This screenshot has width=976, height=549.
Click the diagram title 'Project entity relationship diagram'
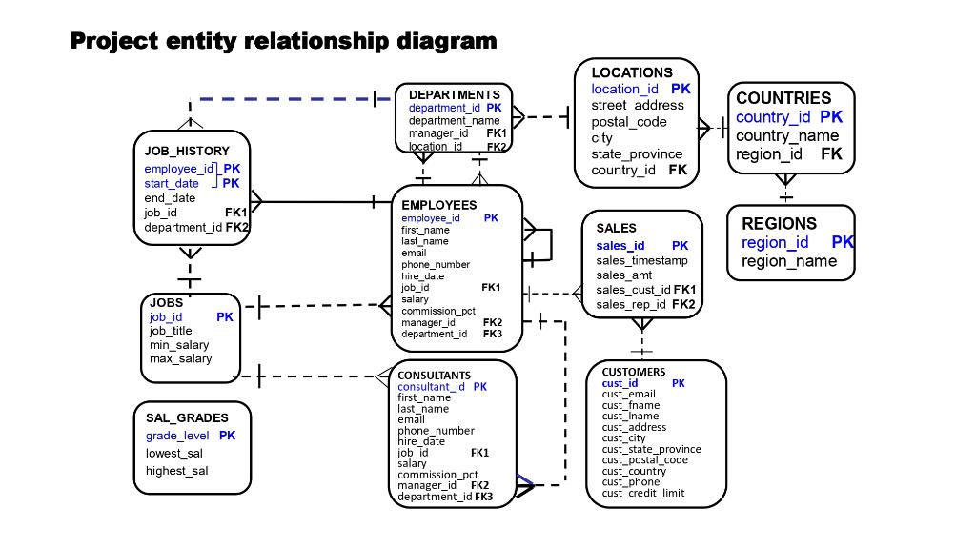(284, 41)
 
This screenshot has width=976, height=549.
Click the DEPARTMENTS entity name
(454, 95)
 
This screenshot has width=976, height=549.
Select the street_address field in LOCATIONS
(637, 106)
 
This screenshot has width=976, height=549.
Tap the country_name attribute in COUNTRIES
(787, 135)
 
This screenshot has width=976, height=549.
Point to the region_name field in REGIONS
(789, 261)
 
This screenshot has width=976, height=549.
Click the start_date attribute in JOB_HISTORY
(172, 183)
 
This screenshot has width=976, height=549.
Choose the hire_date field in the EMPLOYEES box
(422, 275)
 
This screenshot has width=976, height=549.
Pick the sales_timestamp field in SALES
(641, 260)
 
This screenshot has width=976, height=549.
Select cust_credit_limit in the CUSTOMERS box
(643, 493)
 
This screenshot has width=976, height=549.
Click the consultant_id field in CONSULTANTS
(431, 387)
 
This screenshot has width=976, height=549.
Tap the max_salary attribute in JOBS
(180, 358)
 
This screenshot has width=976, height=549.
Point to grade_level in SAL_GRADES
(177, 436)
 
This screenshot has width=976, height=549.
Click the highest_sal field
(176, 471)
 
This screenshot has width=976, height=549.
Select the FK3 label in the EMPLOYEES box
(493, 335)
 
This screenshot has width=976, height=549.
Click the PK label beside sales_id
(680, 246)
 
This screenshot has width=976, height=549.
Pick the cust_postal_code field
(644, 459)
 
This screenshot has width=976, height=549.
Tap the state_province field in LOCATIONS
(637, 154)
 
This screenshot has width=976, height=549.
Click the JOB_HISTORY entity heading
(187, 151)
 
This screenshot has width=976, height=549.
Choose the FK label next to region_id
(831, 154)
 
